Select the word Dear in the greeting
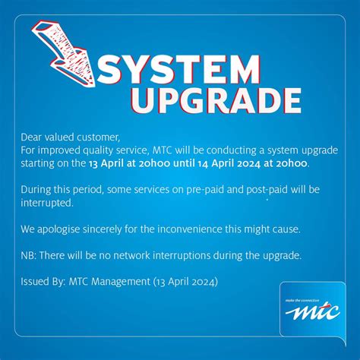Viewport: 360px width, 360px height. pyautogui.click(x=33, y=137)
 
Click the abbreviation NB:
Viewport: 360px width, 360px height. pyautogui.click(x=30, y=254)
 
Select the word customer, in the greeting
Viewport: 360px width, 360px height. pyautogui.click(x=99, y=137)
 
